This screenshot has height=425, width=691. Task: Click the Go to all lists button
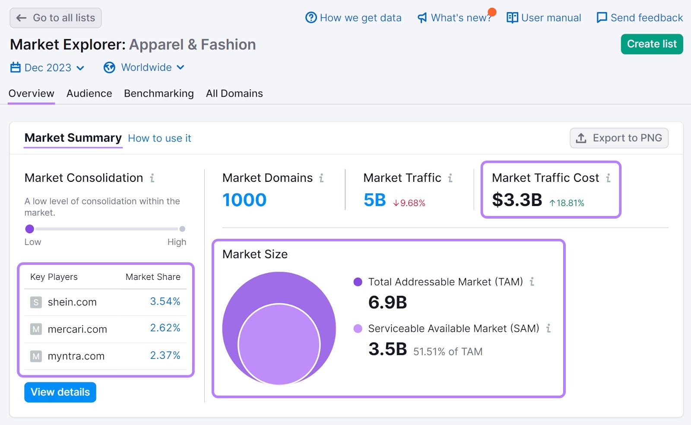coord(56,18)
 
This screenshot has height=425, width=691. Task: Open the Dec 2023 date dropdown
coord(48,68)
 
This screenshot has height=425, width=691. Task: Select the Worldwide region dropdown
coord(144,68)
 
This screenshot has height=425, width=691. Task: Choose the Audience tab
coord(89,93)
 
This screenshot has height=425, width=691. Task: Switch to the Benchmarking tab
coord(158,93)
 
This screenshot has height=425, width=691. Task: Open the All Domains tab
coord(234,93)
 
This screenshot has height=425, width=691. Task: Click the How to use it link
coord(159,138)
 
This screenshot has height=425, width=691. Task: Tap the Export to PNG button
coord(619,138)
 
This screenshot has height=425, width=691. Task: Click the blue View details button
coord(60,392)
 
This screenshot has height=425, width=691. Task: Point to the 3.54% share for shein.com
coord(165,301)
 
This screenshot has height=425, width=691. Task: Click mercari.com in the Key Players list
coord(77,329)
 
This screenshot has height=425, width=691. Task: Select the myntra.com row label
coord(76,356)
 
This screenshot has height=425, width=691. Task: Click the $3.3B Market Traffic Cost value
coord(517,200)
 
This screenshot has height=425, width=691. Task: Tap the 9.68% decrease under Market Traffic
coord(409,203)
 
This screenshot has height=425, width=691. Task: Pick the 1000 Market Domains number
coord(244,200)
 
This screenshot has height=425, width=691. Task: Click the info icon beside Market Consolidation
coord(152,178)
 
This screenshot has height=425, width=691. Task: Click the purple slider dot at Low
coord(30,229)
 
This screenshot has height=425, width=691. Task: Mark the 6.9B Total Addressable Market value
coord(387,302)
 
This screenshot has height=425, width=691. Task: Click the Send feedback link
coord(640,18)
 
